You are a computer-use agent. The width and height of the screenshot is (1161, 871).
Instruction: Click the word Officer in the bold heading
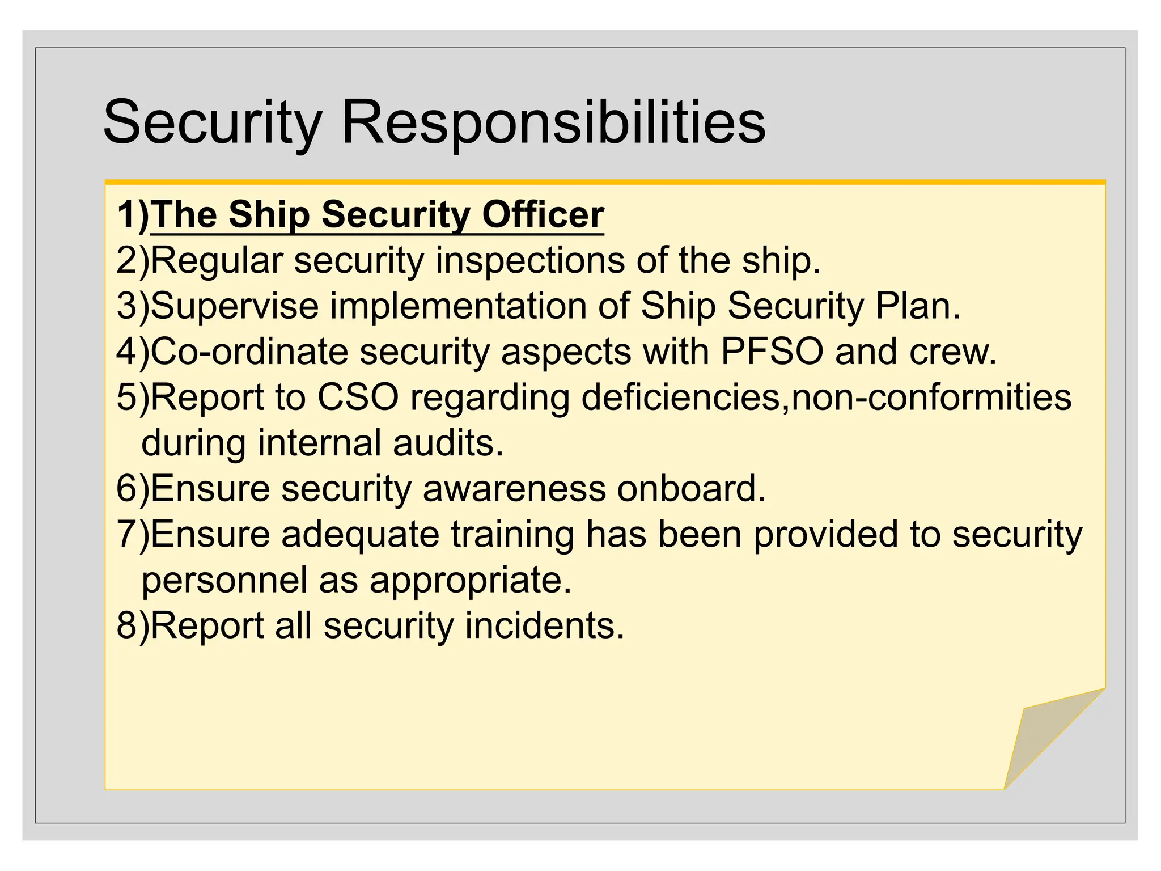click(x=543, y=215)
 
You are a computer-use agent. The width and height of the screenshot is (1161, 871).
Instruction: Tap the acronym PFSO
click(x=772, y=351)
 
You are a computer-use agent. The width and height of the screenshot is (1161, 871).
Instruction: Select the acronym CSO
click(x=358, y=396)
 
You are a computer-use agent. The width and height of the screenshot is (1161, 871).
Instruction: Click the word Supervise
click(x=235, y=306)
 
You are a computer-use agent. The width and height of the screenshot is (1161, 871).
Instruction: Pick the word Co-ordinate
click(x=249, y=351)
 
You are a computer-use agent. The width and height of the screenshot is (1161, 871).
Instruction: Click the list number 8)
click(x=133, y=625)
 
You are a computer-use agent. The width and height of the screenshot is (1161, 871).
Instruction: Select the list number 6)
click(x=133, y=488)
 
